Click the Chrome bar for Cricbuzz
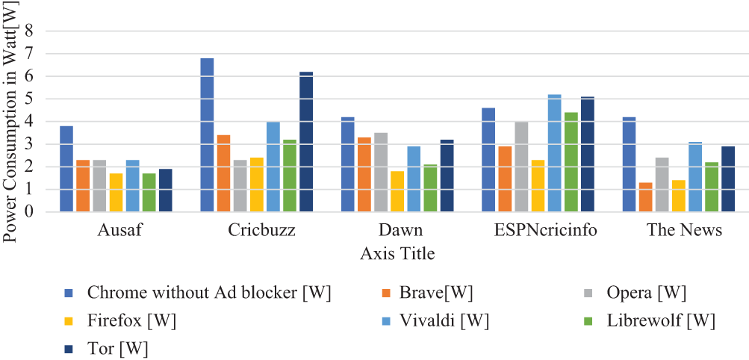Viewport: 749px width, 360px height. click(207, 134)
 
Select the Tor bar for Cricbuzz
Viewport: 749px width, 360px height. click(306, 141)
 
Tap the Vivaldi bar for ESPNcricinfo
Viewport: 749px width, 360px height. click(554, 153)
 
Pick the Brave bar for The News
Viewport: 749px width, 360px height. click(645, 196)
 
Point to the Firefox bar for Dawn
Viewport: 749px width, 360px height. click(397, 191)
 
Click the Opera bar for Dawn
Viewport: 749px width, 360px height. click(381, 172)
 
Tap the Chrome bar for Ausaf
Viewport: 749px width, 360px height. click(66, 169)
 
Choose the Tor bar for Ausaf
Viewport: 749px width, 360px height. click(166, 190)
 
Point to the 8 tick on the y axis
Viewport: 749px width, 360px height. click(30, 31)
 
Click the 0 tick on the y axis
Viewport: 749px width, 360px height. click(30, 212)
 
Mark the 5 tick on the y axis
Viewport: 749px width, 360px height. click(30, 99)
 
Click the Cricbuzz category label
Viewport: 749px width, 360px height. click(261, 230)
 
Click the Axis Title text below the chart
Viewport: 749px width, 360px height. click(397, 254)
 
